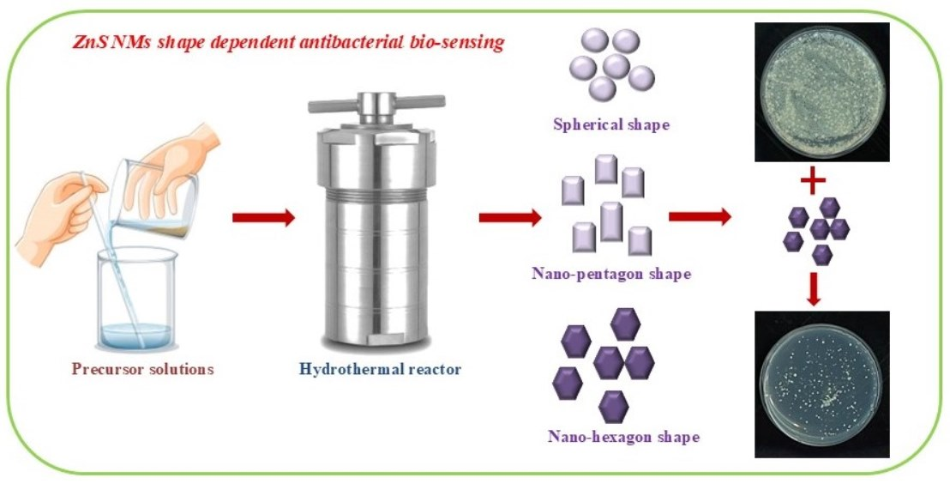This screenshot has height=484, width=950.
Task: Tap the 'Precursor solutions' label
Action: [x=142, y=370]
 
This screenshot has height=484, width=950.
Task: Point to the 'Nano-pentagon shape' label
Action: [x=610, y=275]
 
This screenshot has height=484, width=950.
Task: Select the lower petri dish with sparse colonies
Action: [x=821, y=384]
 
